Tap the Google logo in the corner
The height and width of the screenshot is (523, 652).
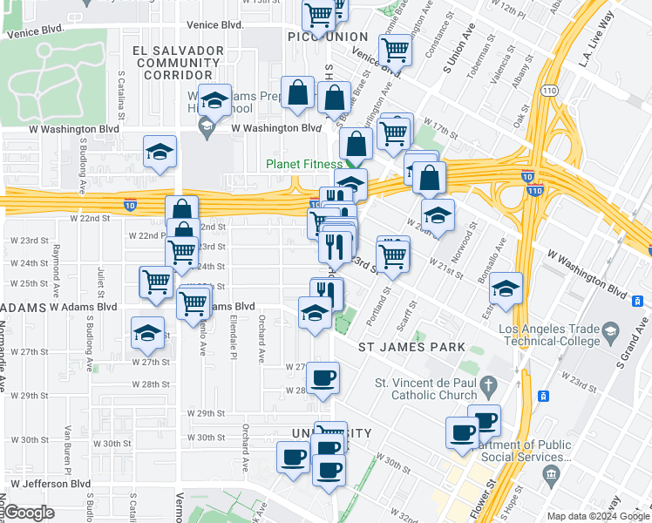(x=29, y=513)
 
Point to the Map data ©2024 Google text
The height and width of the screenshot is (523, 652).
(x=597, y=516)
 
